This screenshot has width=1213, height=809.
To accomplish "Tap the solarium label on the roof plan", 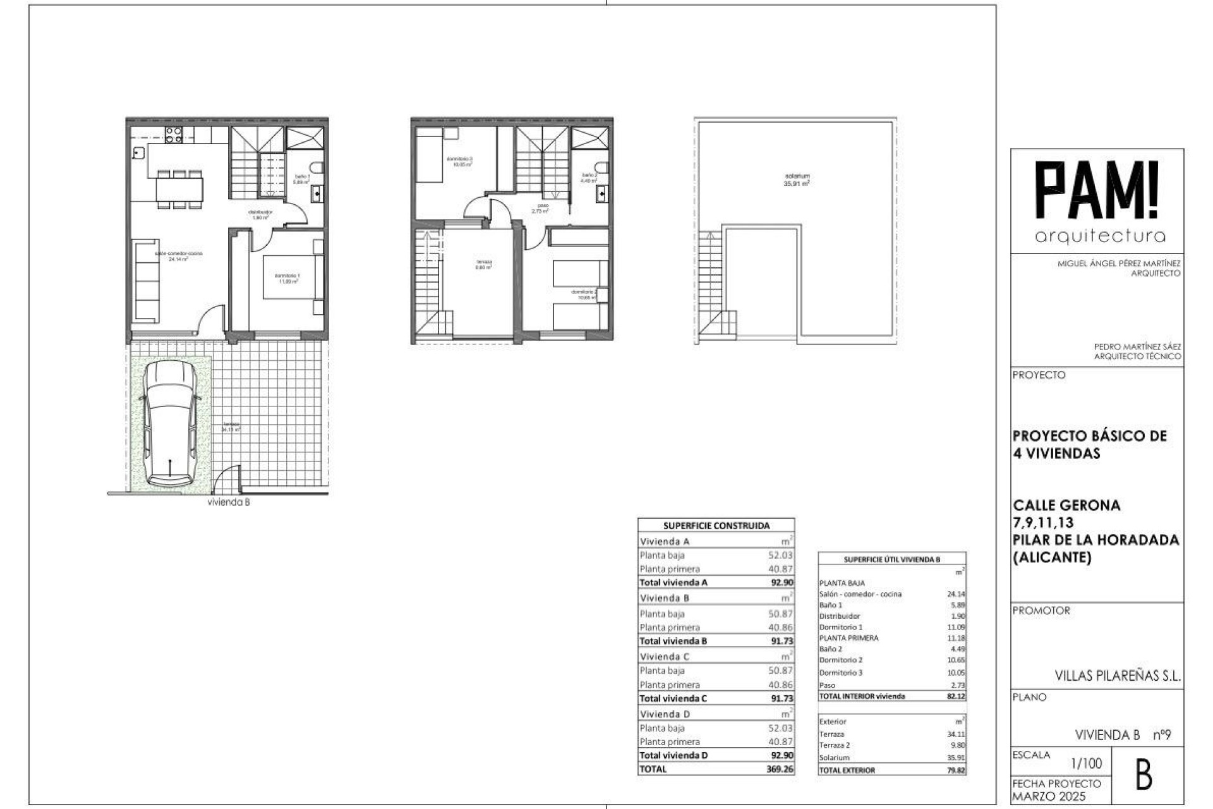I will [x=797, y=176].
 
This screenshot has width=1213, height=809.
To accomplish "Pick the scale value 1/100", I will [x=1087, y=763].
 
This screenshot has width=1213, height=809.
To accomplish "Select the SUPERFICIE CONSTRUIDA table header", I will [x=716, y=525].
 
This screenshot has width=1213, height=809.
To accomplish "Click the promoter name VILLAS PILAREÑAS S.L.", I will [x=1117, y=676].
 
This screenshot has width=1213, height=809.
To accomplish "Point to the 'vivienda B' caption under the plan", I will [x=228, y=502].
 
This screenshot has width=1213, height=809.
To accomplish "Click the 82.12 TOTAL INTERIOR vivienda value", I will [x=956, y=696].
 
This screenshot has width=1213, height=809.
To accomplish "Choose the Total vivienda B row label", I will [x=673, y=641].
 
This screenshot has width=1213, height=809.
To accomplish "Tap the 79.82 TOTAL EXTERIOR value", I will [x=956, y=770].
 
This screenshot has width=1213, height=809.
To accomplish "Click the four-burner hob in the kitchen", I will [x=174, y=133].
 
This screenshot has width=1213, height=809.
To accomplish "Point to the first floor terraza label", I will [x=484, y=262].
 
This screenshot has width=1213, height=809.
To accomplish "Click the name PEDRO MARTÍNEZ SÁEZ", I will [x=1137, y=347].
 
